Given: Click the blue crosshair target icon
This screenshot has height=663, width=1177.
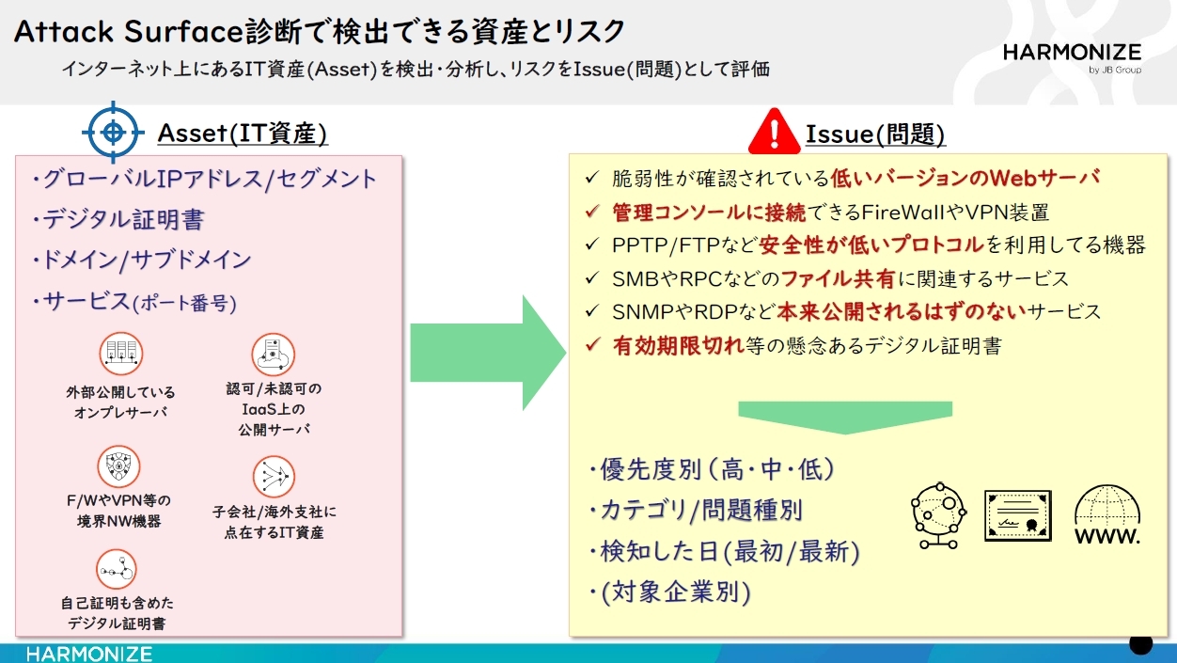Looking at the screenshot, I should point(113,132).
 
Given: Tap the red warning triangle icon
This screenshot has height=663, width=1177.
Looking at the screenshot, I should point(774,133).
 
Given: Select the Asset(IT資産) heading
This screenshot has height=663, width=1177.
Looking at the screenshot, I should point(243,134).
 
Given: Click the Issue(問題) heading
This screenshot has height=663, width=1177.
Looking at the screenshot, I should point(874,134).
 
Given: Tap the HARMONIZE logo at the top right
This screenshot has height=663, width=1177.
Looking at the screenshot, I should point(1072,55).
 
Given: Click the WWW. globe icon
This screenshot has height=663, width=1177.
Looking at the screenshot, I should point(1107,515).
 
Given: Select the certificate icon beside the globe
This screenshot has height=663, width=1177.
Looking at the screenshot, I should point(1017,515).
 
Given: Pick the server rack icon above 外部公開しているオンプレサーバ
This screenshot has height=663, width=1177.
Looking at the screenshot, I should point(121,354).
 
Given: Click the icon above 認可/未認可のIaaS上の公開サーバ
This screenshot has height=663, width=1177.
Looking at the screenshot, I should point(274,354).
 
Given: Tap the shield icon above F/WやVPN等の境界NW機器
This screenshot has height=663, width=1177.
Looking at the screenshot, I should point(118,466).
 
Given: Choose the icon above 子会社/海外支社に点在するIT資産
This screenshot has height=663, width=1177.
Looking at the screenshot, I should point(274,477).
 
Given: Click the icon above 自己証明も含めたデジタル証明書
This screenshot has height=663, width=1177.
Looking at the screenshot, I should point(117,570).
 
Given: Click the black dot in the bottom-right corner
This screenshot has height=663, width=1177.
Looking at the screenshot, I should point(1140,643).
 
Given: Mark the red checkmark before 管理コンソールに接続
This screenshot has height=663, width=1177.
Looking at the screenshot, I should point(591,212).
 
